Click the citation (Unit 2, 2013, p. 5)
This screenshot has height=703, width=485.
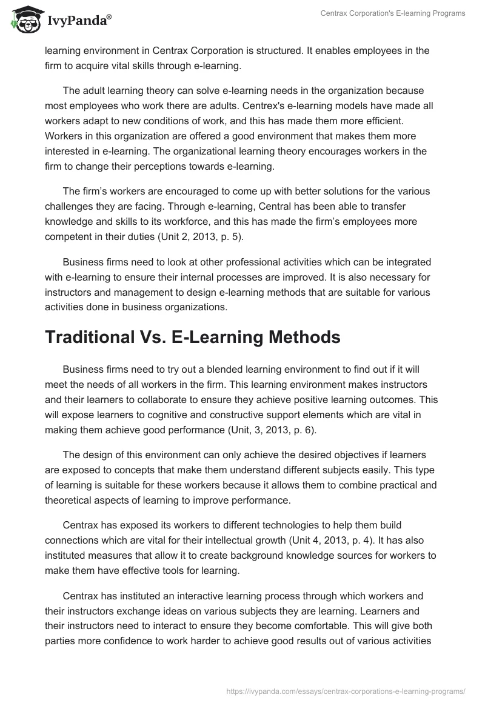tap(192, 237)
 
